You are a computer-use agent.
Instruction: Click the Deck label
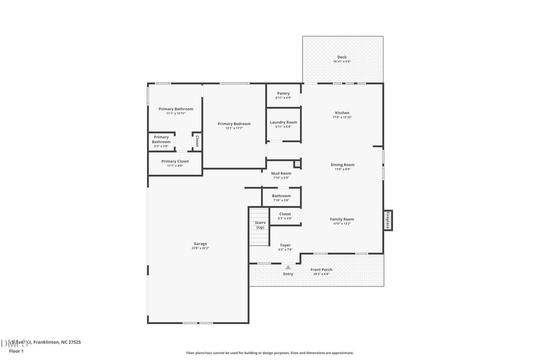point(341,58)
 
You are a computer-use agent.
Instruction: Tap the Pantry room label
point(283,94)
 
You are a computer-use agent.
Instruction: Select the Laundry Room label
point(283,122)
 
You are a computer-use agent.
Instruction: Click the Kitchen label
point(342,113)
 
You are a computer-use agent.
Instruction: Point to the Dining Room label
point(343,165)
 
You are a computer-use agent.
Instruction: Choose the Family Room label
point(342,220)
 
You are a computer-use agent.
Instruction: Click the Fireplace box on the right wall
point(388,220)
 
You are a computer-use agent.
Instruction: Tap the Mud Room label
point(281,173)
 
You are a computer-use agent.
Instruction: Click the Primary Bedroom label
point(234,124)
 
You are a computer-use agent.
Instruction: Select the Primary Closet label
point(175,161)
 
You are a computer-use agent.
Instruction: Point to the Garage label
point(200,244)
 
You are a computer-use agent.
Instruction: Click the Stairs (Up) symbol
point(259,226)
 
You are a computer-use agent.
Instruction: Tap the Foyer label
point(285,245)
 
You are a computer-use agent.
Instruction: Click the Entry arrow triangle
point(288,268)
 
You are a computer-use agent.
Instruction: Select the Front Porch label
point(322,270)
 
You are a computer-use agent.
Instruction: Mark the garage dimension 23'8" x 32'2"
point(200,248)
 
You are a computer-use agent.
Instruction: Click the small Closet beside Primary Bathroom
point(196,142)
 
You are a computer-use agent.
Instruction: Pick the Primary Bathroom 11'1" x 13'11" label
point(176,109)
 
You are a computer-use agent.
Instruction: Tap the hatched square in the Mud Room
point(296,163)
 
